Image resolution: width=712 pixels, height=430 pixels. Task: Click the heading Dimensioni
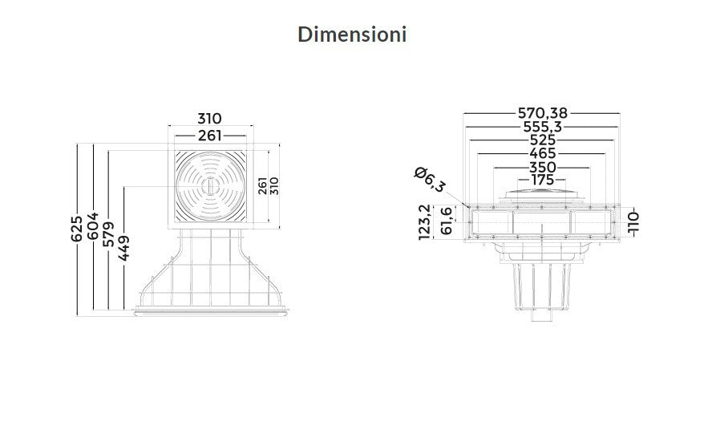click(x=352, y=34)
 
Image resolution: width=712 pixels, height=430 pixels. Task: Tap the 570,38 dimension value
click(x=543, y=113)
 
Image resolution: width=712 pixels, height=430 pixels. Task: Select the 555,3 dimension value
click(x=543, y=127)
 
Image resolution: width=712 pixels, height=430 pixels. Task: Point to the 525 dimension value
click(x=543, y=140)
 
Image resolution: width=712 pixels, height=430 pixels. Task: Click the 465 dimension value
click(x=543, y=153)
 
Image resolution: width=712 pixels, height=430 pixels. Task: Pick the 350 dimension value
click(x=543, y=167)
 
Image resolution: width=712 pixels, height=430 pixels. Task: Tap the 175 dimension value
click(x=543, y=180)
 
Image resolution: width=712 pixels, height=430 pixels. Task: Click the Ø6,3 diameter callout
click(x=430, y=180)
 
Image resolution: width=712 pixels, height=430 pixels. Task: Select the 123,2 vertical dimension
click(x=424, y=222)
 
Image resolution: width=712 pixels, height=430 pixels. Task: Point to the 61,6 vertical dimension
click(x=447, y=221)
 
